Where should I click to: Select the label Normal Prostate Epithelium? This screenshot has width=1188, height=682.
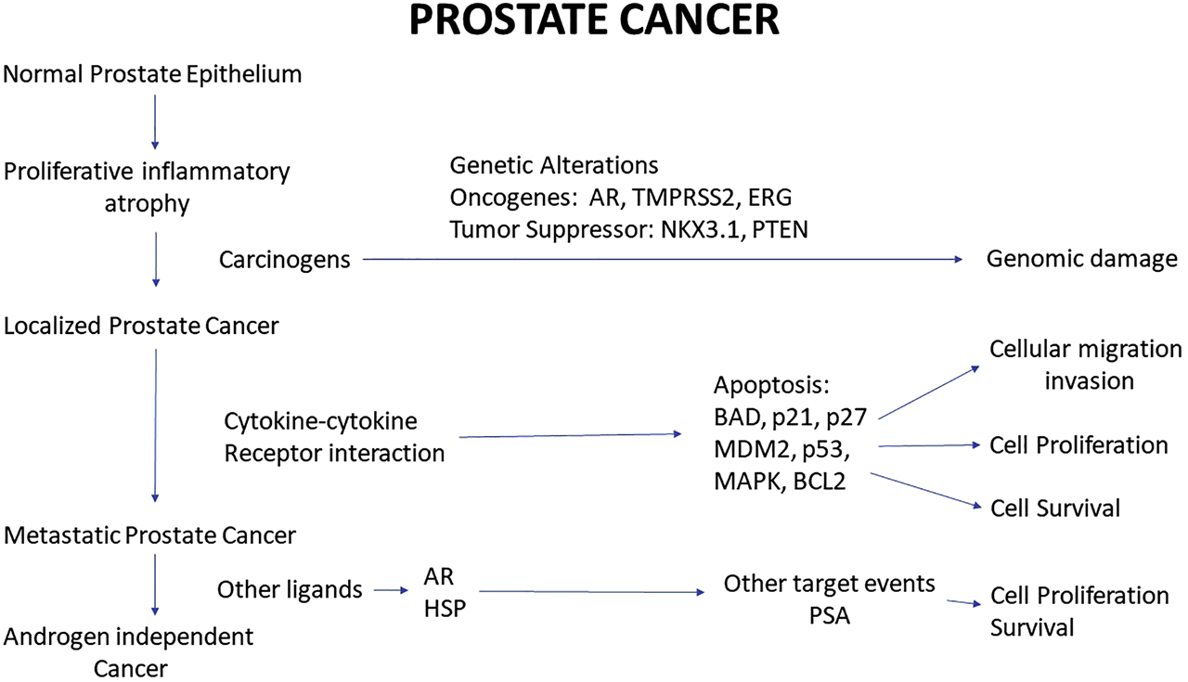click(x=153, y=74)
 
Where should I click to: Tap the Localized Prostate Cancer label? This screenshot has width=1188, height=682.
click(x=141, y=326)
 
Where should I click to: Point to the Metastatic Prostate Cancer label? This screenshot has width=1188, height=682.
click(x=149, y=535)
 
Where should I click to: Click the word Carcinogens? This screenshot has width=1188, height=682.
click(x=285, y=260)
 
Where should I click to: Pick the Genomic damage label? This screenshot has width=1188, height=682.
click(x=1082, y=259)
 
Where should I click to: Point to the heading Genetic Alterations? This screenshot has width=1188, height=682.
click(x=554, y=165)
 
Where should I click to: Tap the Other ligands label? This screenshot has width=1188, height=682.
click(x=290, y=589)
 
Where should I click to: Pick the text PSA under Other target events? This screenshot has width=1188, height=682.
click(x=829, y=615)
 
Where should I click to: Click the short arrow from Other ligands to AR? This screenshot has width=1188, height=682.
click(x=390, y=589)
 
